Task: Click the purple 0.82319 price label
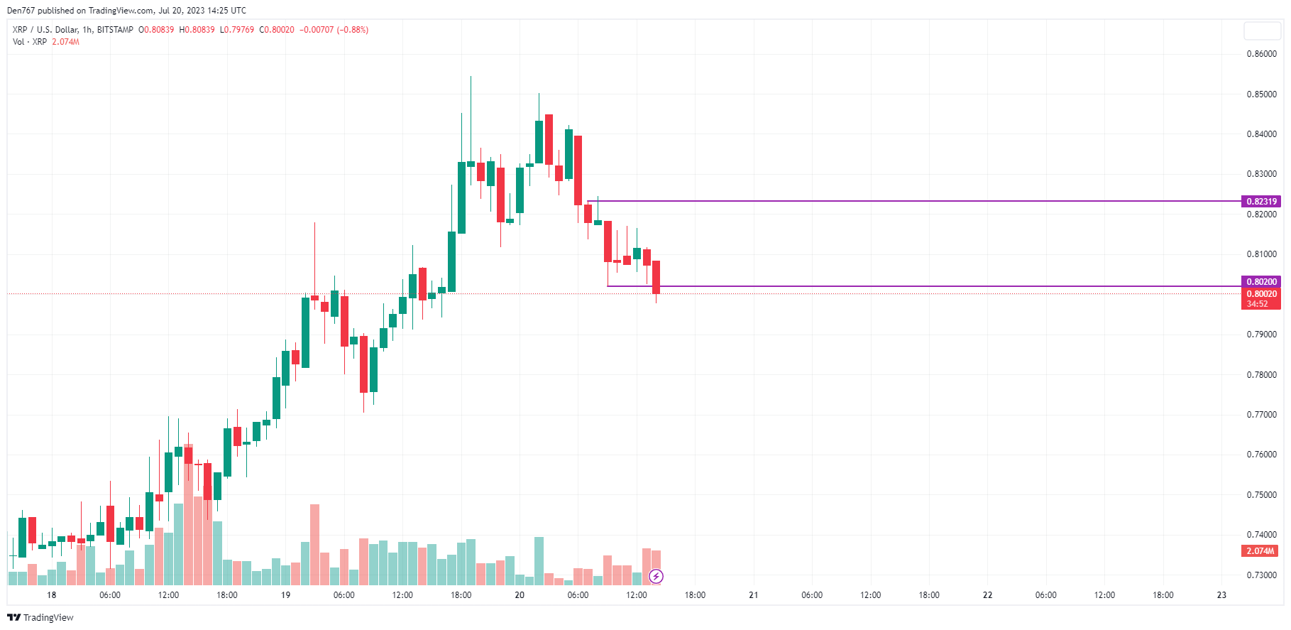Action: coord(1261,202)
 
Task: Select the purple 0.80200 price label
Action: coord(1261,282)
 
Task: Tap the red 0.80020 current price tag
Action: coord(1261,294)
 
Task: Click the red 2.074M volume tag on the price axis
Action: coord(1260,551)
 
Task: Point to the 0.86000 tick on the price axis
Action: coord(1261,54)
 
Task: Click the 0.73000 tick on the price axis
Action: coord(1261,575)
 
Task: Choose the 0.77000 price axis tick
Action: coord(1261,415)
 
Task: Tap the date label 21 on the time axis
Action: coord(753,595)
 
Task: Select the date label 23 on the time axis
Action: coord(1221,595)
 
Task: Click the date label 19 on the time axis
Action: coord(285,595)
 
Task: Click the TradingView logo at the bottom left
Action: coord(40,617)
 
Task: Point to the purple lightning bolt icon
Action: coord(656,576)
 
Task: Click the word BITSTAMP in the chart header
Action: coord(115,30)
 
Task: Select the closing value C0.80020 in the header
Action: coord(277,30)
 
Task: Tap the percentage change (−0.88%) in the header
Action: coord(353,30)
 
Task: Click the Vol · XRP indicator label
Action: coord(30,42)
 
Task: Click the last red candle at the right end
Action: coord(657,277)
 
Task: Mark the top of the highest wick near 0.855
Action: coord(471,77)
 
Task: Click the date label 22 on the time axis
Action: coord(987,595)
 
